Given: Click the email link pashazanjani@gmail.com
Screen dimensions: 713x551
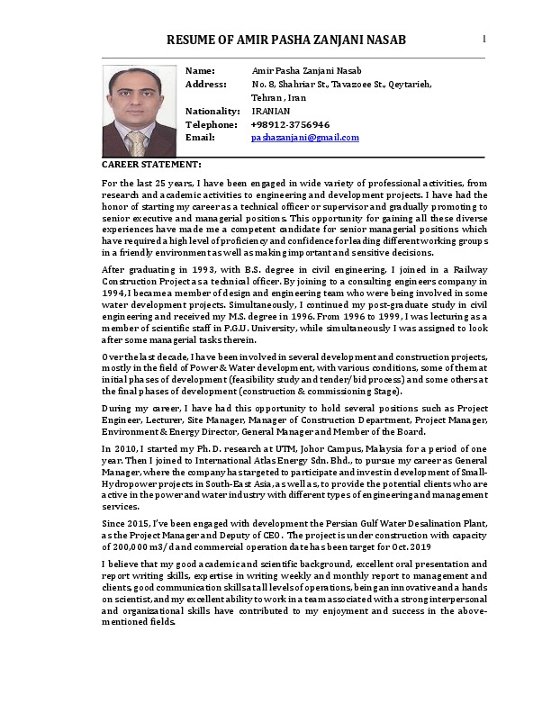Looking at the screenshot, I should [x=304, y=138].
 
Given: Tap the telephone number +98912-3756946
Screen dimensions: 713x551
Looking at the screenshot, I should [x=290, y=124].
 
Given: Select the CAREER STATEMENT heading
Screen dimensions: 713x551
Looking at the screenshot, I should [x=151, y=165].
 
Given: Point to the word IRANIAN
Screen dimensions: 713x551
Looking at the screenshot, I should [x=271, y=111].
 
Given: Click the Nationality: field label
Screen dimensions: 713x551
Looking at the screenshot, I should [x=212, y=111].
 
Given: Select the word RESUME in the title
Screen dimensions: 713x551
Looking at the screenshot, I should [x=192, y=41].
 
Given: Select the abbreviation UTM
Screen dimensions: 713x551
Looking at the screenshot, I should [x=274, y=447].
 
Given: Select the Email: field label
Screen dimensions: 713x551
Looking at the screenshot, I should [x=200, y=138].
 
